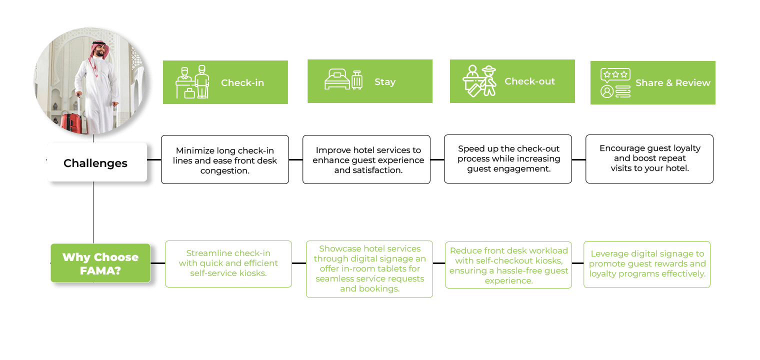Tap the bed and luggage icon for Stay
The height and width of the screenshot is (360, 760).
click(x=343, y=80)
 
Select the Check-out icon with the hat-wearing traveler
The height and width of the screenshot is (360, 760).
click(x=479, y=80)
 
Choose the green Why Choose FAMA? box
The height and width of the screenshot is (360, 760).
click(x=100, y=263)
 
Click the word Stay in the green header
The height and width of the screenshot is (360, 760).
click(x=384, y=82)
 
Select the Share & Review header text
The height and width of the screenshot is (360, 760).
click(x=672, y=83)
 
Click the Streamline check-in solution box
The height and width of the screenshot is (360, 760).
click(x=228, y=263)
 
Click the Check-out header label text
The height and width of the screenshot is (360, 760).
click(x=529, y=81)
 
